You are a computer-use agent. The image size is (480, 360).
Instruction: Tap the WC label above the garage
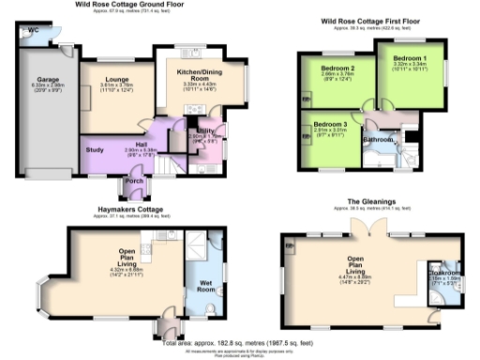(x=34, y=30)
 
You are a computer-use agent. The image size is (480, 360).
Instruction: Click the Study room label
(x=94, y=149)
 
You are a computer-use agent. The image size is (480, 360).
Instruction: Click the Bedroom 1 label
(x=410, y=59)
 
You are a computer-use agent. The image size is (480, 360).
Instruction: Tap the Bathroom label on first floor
(x=378, y=140)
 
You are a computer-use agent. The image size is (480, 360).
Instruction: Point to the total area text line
(x=240, y=344)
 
